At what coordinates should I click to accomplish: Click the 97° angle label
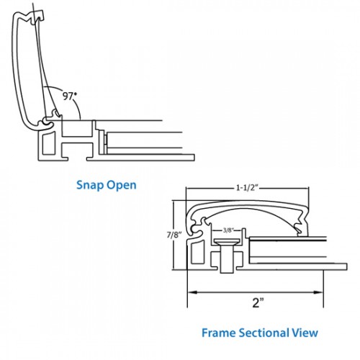click(69, 96)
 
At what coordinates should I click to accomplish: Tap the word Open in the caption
click(122, 185)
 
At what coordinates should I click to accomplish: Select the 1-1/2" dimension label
click(247, 188)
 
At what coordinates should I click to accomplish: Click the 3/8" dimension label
click(228, 230)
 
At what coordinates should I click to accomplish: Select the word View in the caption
click(305, 333)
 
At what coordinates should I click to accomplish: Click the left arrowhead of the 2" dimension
click(192, 292)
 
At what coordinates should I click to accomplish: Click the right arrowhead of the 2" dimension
click(319, 292)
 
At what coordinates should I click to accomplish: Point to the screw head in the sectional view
click(227, 241)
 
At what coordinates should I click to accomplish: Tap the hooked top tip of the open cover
click(39, 15)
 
